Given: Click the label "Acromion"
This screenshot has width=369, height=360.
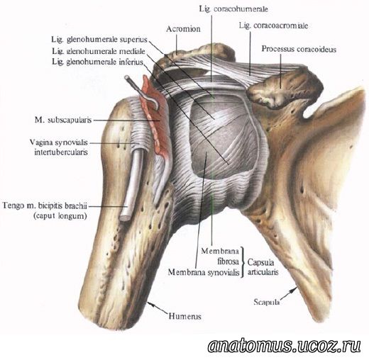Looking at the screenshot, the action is tap(183, 29).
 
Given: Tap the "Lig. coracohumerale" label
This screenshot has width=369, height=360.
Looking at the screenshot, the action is tap(233, 9).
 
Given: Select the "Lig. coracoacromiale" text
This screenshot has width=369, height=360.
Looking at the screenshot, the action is tap(273, 26).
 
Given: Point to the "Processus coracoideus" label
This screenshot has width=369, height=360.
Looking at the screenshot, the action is tap(299, 49).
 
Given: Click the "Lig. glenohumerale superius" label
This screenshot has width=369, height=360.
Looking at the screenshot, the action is tap(99, 40).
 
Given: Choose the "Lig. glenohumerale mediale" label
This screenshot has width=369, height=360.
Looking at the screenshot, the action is tap(99, 51).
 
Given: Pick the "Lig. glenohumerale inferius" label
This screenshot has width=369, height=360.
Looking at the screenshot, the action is tap(98, 62).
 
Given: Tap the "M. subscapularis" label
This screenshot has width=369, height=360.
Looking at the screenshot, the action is tap(63, 120).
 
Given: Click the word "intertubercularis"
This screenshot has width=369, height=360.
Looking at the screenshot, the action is tap(61, 152).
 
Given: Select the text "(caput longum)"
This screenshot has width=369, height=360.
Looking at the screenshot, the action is tap(60, 216).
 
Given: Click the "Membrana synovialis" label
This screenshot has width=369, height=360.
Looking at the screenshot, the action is tap(204, 272).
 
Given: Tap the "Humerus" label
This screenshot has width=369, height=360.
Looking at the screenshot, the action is tap(185, 316).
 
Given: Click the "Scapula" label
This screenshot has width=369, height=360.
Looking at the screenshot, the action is tap(266, 302).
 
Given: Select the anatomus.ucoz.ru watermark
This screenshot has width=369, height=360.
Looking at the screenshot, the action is tap(285, 346).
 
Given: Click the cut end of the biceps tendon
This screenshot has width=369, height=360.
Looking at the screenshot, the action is tap(124, 218).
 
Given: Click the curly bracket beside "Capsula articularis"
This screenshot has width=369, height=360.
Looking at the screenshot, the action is tap(243, 262).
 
